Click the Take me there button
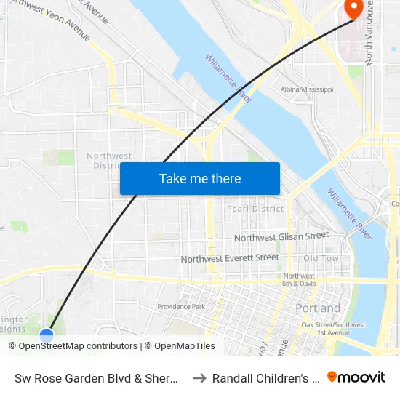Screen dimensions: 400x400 [200, 179]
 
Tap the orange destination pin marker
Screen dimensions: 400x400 [353, 9]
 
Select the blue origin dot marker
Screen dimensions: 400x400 [47, 335]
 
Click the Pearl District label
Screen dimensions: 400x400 [255, 209]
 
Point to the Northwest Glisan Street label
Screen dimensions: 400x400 [281, 236]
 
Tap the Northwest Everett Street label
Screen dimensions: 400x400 [230, 258]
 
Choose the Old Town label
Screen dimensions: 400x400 [324, 258]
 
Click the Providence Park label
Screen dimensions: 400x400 [181, 306]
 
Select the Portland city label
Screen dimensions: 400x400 [318, 308]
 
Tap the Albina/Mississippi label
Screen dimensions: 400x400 [307, 89]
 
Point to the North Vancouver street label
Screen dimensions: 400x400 [370, 33]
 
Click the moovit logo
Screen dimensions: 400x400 [356, 377]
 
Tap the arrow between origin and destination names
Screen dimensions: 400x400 [199, 377]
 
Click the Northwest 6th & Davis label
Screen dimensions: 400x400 [299, 280]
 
